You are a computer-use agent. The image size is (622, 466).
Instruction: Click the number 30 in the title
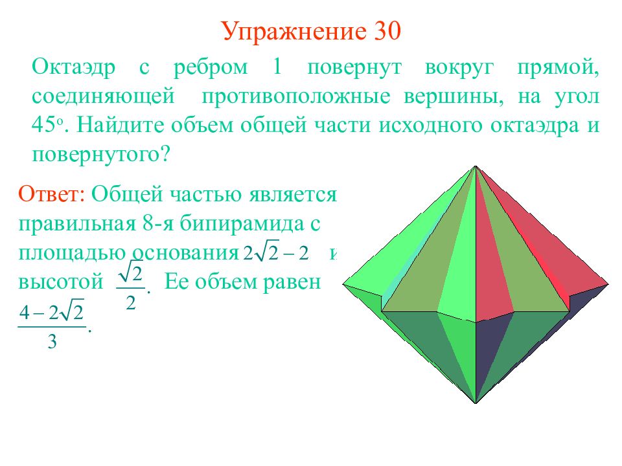386,31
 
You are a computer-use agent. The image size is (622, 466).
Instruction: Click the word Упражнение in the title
294,32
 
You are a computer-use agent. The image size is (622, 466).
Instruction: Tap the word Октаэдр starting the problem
74,67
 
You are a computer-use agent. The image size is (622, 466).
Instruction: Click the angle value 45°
47,125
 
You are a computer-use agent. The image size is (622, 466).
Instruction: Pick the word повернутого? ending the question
101,155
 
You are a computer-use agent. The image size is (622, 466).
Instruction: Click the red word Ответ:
52,194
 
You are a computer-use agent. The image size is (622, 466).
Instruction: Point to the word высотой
61,282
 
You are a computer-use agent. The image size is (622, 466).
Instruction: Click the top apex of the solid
476,166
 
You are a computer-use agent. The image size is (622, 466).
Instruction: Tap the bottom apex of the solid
476,403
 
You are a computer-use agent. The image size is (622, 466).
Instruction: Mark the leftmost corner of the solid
343,284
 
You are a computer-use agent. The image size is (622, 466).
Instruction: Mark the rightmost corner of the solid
608,284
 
